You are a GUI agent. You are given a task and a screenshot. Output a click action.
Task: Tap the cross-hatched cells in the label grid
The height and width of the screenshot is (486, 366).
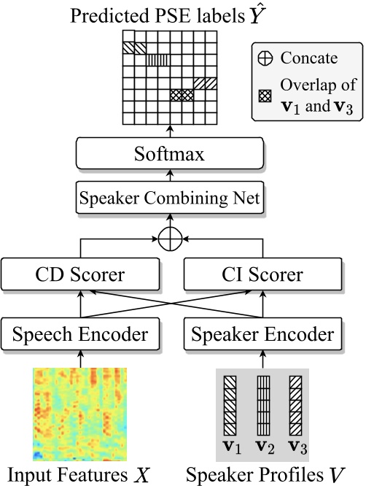pyautogui.click(x=182, y=95)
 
